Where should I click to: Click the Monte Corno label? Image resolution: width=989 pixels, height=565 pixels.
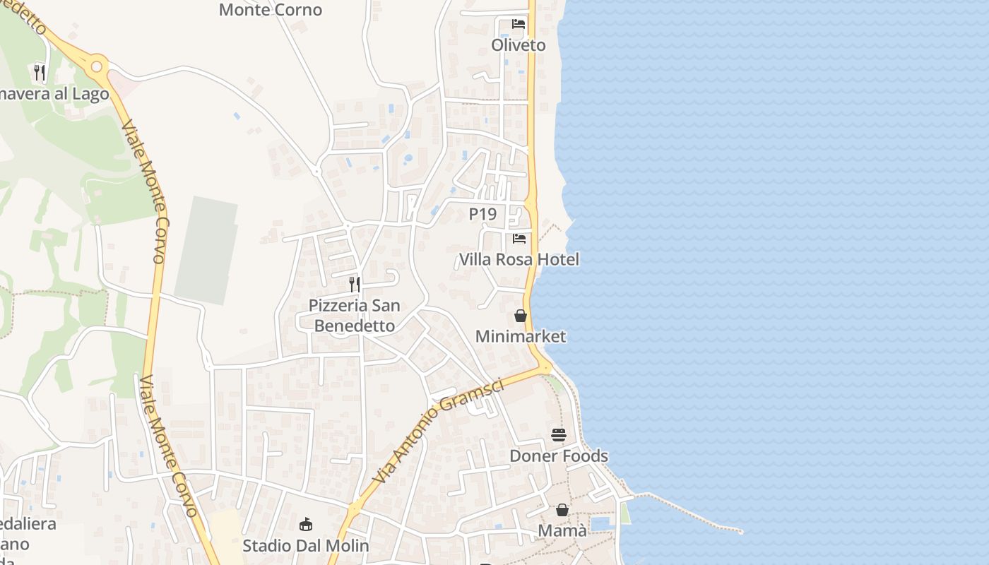click(271, 10)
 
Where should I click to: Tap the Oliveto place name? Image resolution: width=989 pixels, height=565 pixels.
click(519, 45)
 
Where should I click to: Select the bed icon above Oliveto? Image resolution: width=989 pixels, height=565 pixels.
click(519, 24)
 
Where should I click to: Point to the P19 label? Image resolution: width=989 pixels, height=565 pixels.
click(482, 214)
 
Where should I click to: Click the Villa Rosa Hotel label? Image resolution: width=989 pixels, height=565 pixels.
click(519, 259)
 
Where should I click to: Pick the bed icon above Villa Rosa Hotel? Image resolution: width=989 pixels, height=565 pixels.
click(519, 239)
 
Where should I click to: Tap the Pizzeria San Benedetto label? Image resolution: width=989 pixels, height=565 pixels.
click(355, 316)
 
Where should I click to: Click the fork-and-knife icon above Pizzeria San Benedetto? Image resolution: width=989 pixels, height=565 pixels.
click(355, 285)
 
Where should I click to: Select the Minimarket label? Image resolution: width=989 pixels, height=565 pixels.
click(521, 336)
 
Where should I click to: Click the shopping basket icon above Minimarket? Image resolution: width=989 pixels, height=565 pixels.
click(521, 316)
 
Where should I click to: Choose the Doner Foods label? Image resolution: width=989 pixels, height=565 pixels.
click(559, 456)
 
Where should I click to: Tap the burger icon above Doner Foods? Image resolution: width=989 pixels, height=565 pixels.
click(559, 435)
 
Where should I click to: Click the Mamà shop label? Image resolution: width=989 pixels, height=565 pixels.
click(562, 530)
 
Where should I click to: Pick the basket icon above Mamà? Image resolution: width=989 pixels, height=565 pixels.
click(562, 510)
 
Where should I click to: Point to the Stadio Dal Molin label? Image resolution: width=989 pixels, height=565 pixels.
click(306, 545)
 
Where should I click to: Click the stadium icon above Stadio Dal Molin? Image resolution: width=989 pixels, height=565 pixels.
click(306, 525)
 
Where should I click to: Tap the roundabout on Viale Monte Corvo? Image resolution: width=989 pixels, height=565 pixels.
click(97, 67)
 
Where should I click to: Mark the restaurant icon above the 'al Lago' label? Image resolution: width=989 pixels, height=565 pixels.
click(40, 72)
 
